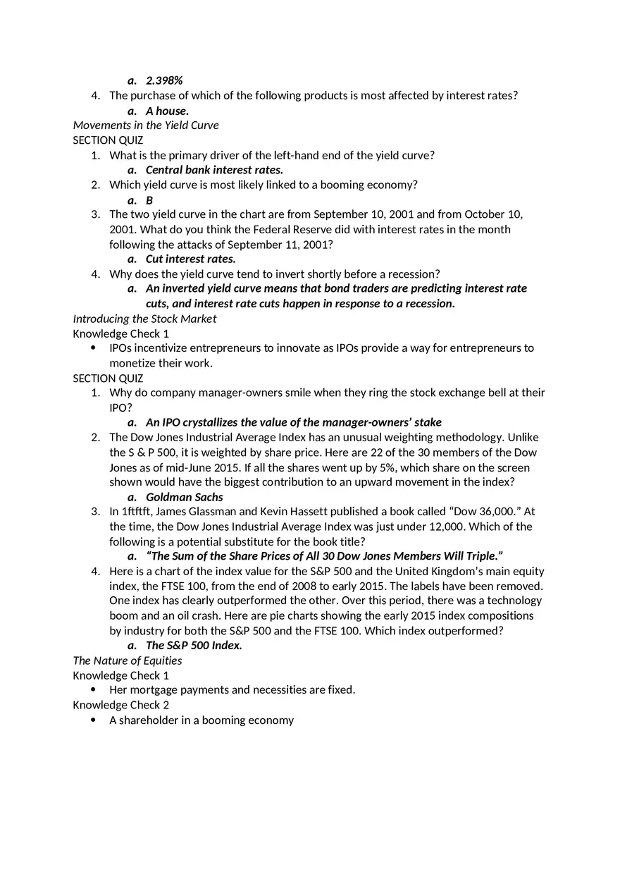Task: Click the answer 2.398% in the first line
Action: pyautogui.click(x=164, y=80)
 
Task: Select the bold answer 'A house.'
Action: pyautogui.click(x=167, y=111)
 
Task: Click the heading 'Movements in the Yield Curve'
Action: pyautogui.click(x=146, y=125)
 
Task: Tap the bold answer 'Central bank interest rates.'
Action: pyautogui.click(x=214, y=170)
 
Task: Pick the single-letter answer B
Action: pyautogui.click(x=149, y=200)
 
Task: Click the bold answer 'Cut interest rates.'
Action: pyautogui.click(x=190, y=259)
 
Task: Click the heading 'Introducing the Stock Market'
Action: pyautogui.click(x=144, y=319)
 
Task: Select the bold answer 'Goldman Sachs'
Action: pyautogui.click(x=184, y=497)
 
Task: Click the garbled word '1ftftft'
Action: pyautogui.click(x=138, y=512)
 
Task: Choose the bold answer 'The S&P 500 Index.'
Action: pyautogui.click(x=194, y=646)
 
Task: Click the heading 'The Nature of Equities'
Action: pyautogui.click(x=128, y=660)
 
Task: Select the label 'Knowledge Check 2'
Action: pyautogui.click(x=121, y=705)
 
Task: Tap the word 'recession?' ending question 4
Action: pyautogui.click(x=414, y=274)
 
